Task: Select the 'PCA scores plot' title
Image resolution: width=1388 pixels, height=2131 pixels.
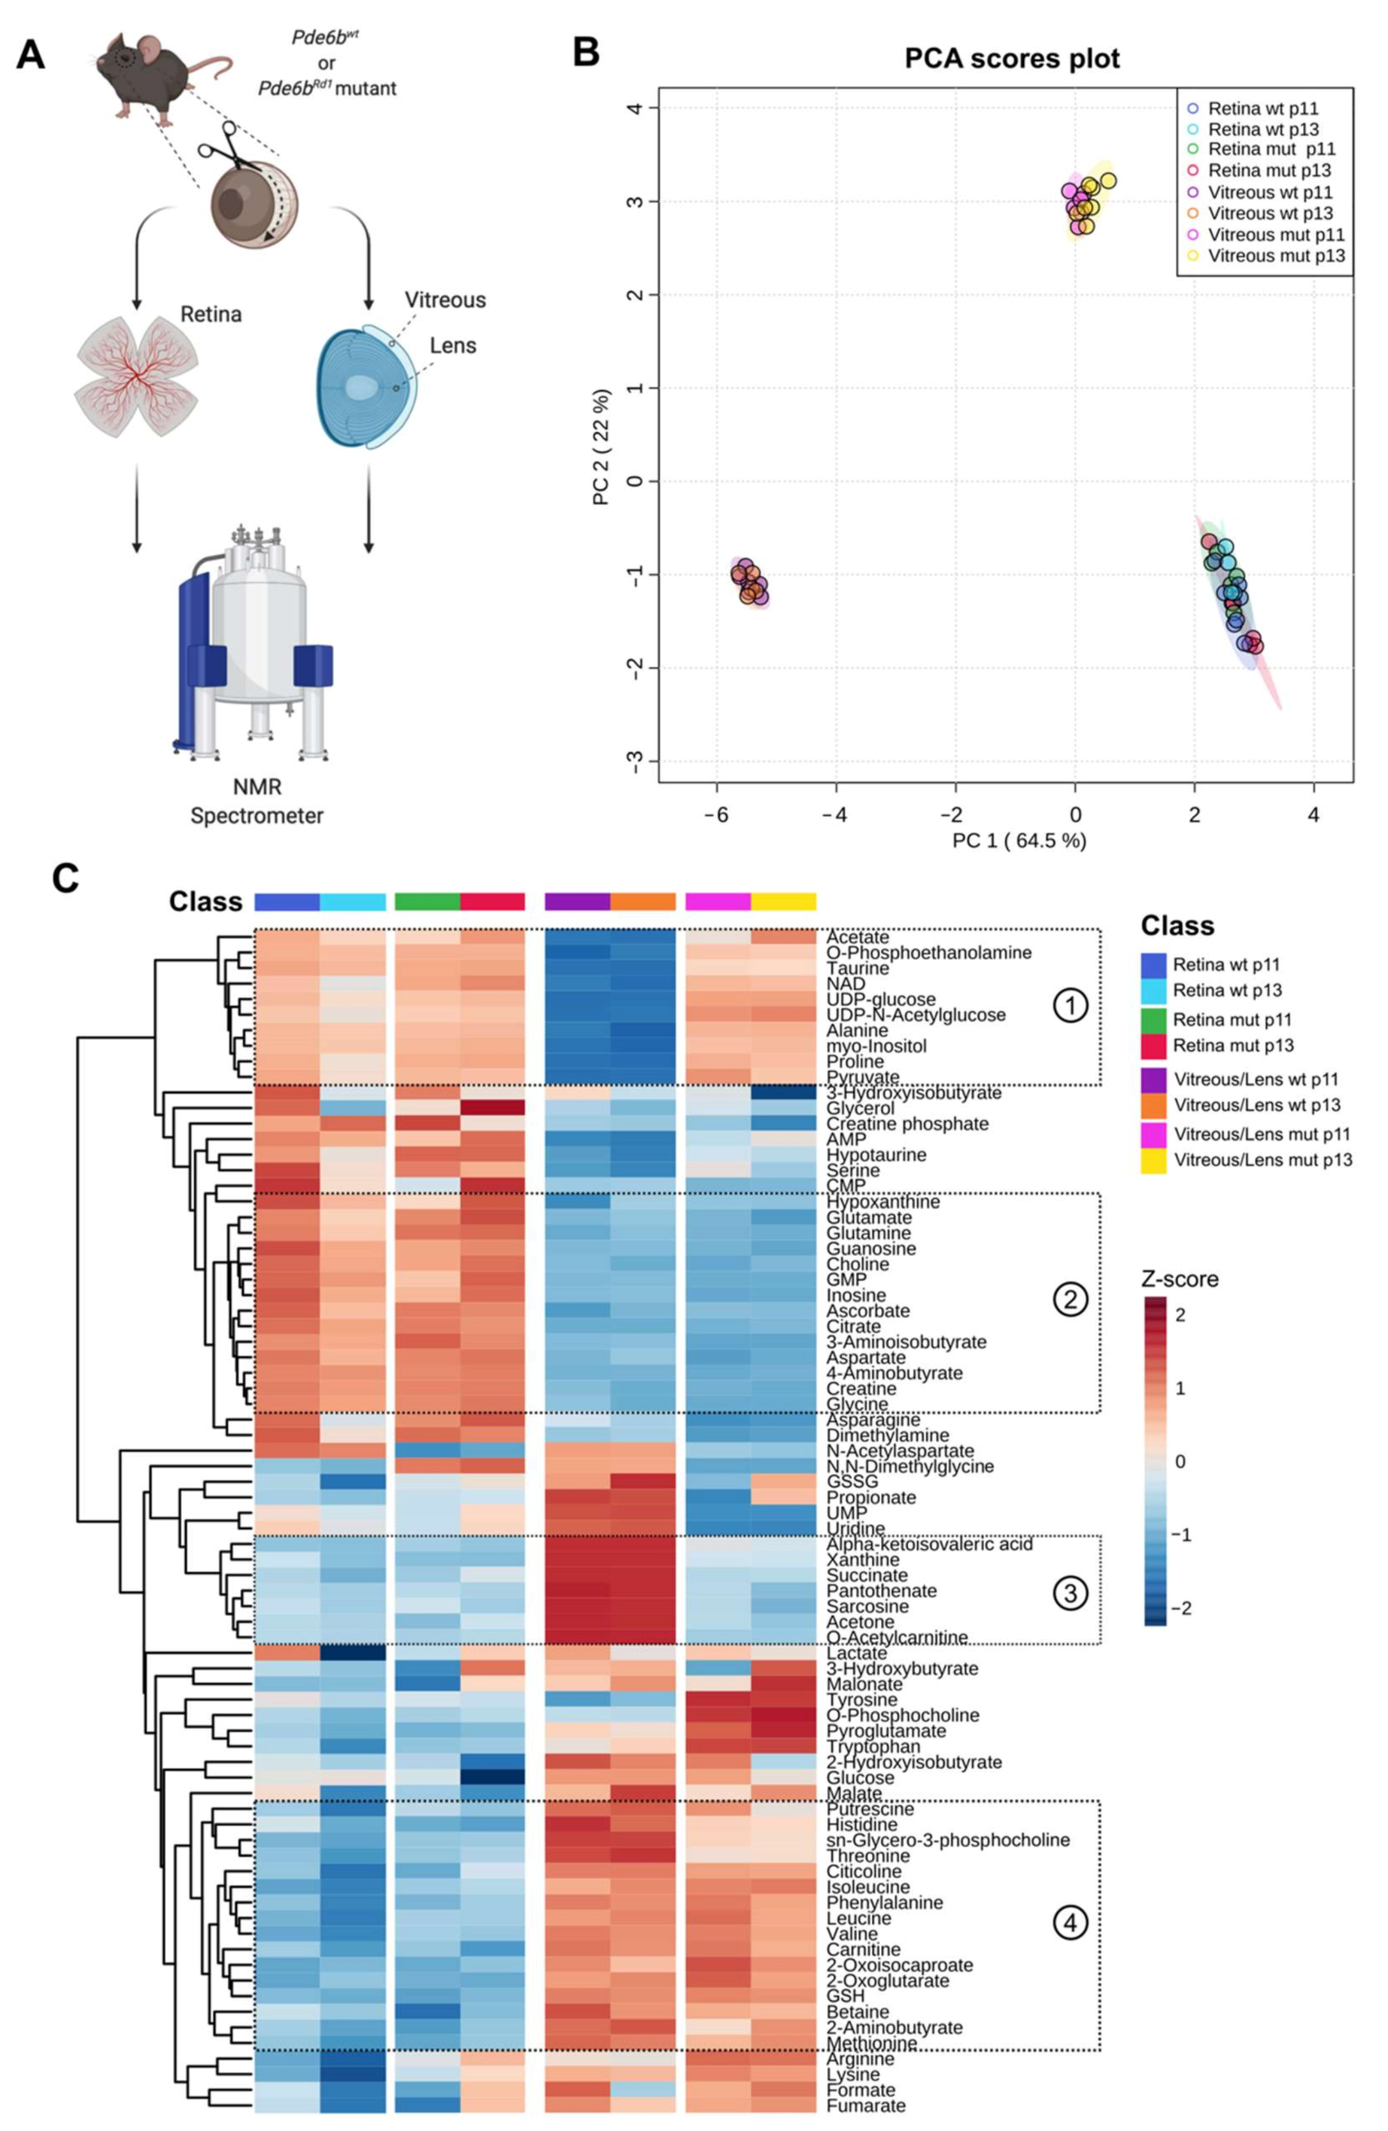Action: click(1012, 59)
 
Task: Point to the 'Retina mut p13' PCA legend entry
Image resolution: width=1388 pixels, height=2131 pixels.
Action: click(1269, 170)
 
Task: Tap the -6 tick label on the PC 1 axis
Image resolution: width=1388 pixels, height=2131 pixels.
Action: click(716, 815)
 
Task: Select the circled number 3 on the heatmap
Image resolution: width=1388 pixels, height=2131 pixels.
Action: click(1070, 1594)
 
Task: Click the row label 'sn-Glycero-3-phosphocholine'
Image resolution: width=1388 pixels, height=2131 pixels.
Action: click(947, 1840)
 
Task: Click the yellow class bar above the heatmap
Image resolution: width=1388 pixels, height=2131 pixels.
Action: click(783, 901)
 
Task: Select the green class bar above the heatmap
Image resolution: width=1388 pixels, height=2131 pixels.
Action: click(426, 901)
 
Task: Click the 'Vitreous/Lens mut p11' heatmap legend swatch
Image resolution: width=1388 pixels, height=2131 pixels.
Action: click(1154, 1133)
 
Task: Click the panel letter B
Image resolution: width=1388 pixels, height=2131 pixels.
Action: click(585, 52)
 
